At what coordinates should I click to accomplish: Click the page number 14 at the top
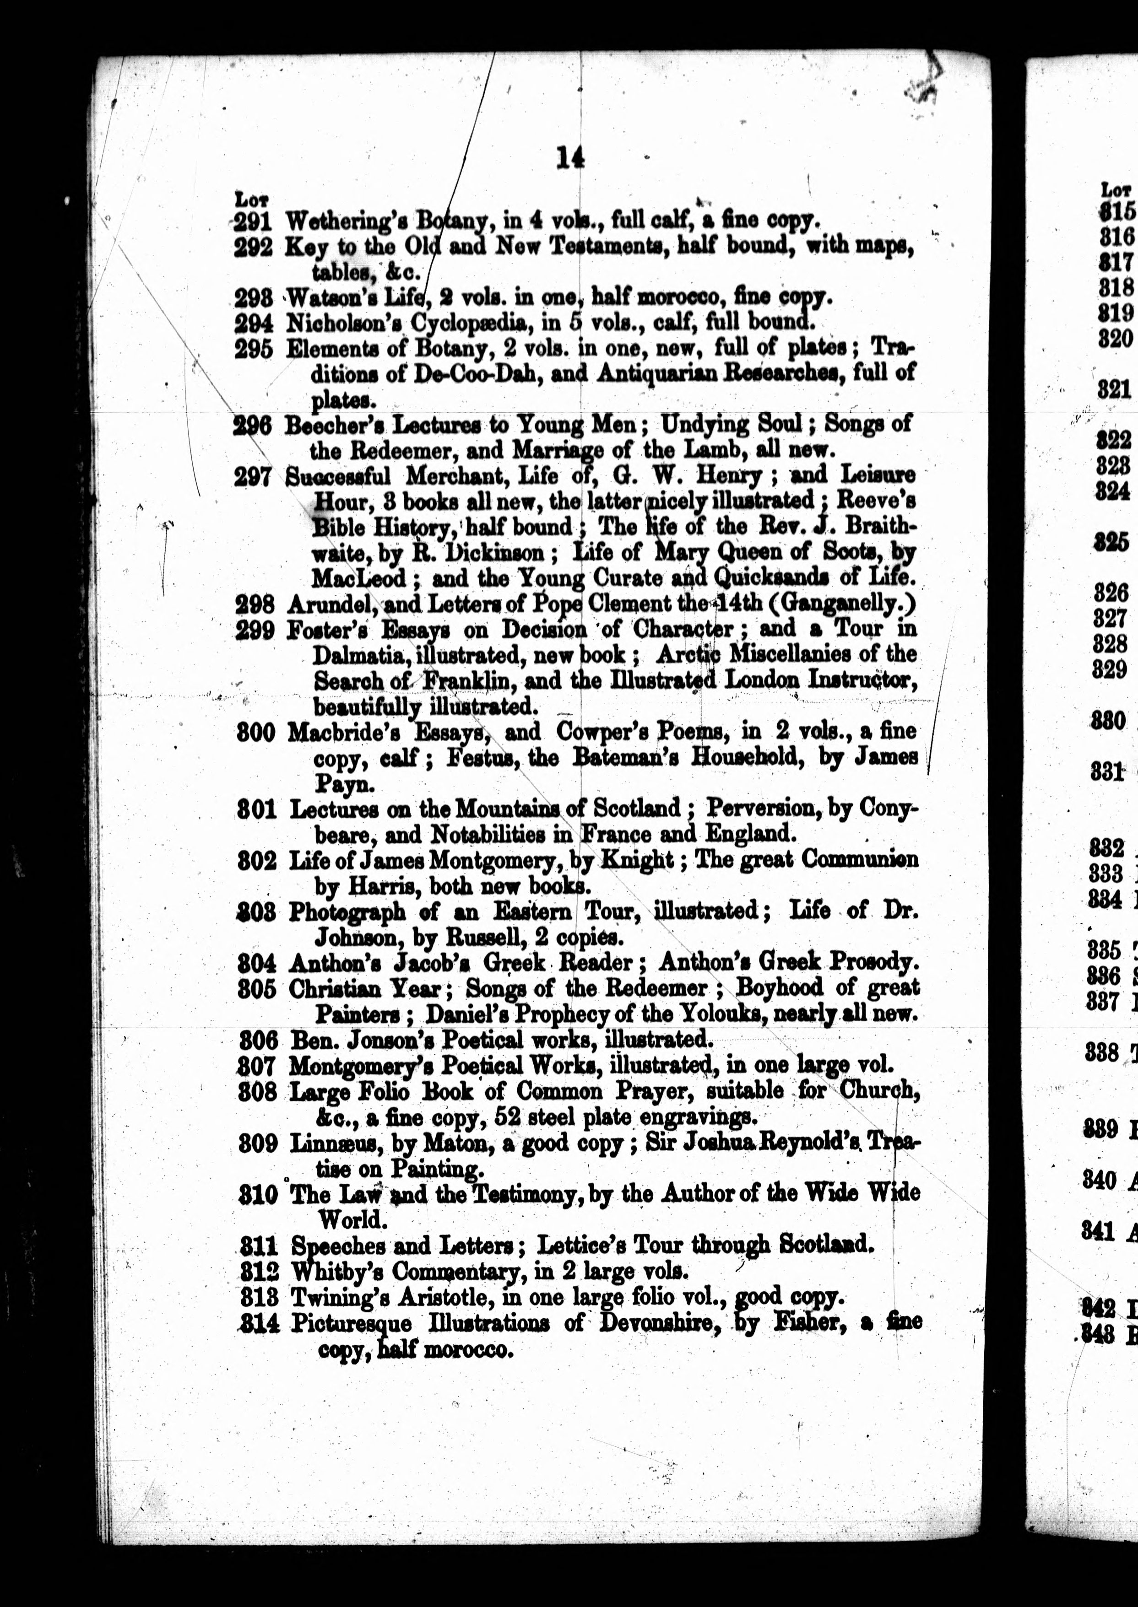point(570,158)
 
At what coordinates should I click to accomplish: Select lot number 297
point(253,477)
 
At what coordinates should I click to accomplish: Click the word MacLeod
point(358,579)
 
